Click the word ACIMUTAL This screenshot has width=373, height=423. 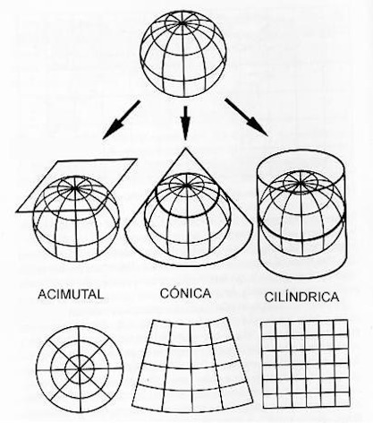click(71, 294)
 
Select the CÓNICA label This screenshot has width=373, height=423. click(185, 293)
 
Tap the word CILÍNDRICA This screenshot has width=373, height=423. click(301, 297)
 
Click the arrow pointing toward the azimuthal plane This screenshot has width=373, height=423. click(121, 119)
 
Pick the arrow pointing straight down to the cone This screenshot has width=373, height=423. click(185, 123)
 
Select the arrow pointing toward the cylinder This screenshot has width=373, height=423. click(246, 117)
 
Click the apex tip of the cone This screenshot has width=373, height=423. click(186, 148)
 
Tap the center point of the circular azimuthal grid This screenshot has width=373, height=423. click(80, 369)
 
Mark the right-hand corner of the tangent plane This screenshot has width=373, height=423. click(137, 160)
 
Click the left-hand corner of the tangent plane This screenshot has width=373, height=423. click(17, 211)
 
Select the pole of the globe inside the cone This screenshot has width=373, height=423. click(186, 186)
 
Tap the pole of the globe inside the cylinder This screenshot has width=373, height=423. click(301, 182)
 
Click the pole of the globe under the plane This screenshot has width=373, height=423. click(74, 187)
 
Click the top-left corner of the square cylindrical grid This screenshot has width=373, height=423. click(261, 323)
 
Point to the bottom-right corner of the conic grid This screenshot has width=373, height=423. click(252, 401)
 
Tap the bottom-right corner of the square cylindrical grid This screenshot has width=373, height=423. click(350, 407)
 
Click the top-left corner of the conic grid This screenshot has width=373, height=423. click(152, 321)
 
